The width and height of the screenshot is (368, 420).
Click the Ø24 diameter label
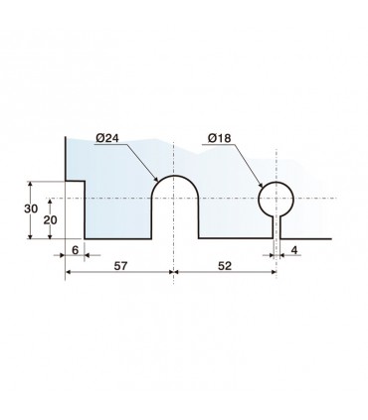pyautogui.click(x=107, y=138)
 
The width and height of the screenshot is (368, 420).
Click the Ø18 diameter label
pyautogui.click(x=220, y=138)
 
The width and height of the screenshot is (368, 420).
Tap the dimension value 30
pyautogui.click(x=31, y=209)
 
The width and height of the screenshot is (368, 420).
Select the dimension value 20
pyautogui.click(x=51, y=220)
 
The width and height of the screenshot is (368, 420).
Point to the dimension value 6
pyautogui.click(x=76, y=250)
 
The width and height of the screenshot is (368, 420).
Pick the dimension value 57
pyautogui.click(x=120, y=266)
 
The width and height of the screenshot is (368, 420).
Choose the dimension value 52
pyautogui.click(x=225, y=266)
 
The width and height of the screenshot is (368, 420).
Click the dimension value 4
pyautogui.click(x=294, y=250)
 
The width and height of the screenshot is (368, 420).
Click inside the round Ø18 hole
pyautogui.click(x=276, y=199)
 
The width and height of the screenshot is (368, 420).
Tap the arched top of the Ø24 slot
pyautogui.click(x=175, y=176)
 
